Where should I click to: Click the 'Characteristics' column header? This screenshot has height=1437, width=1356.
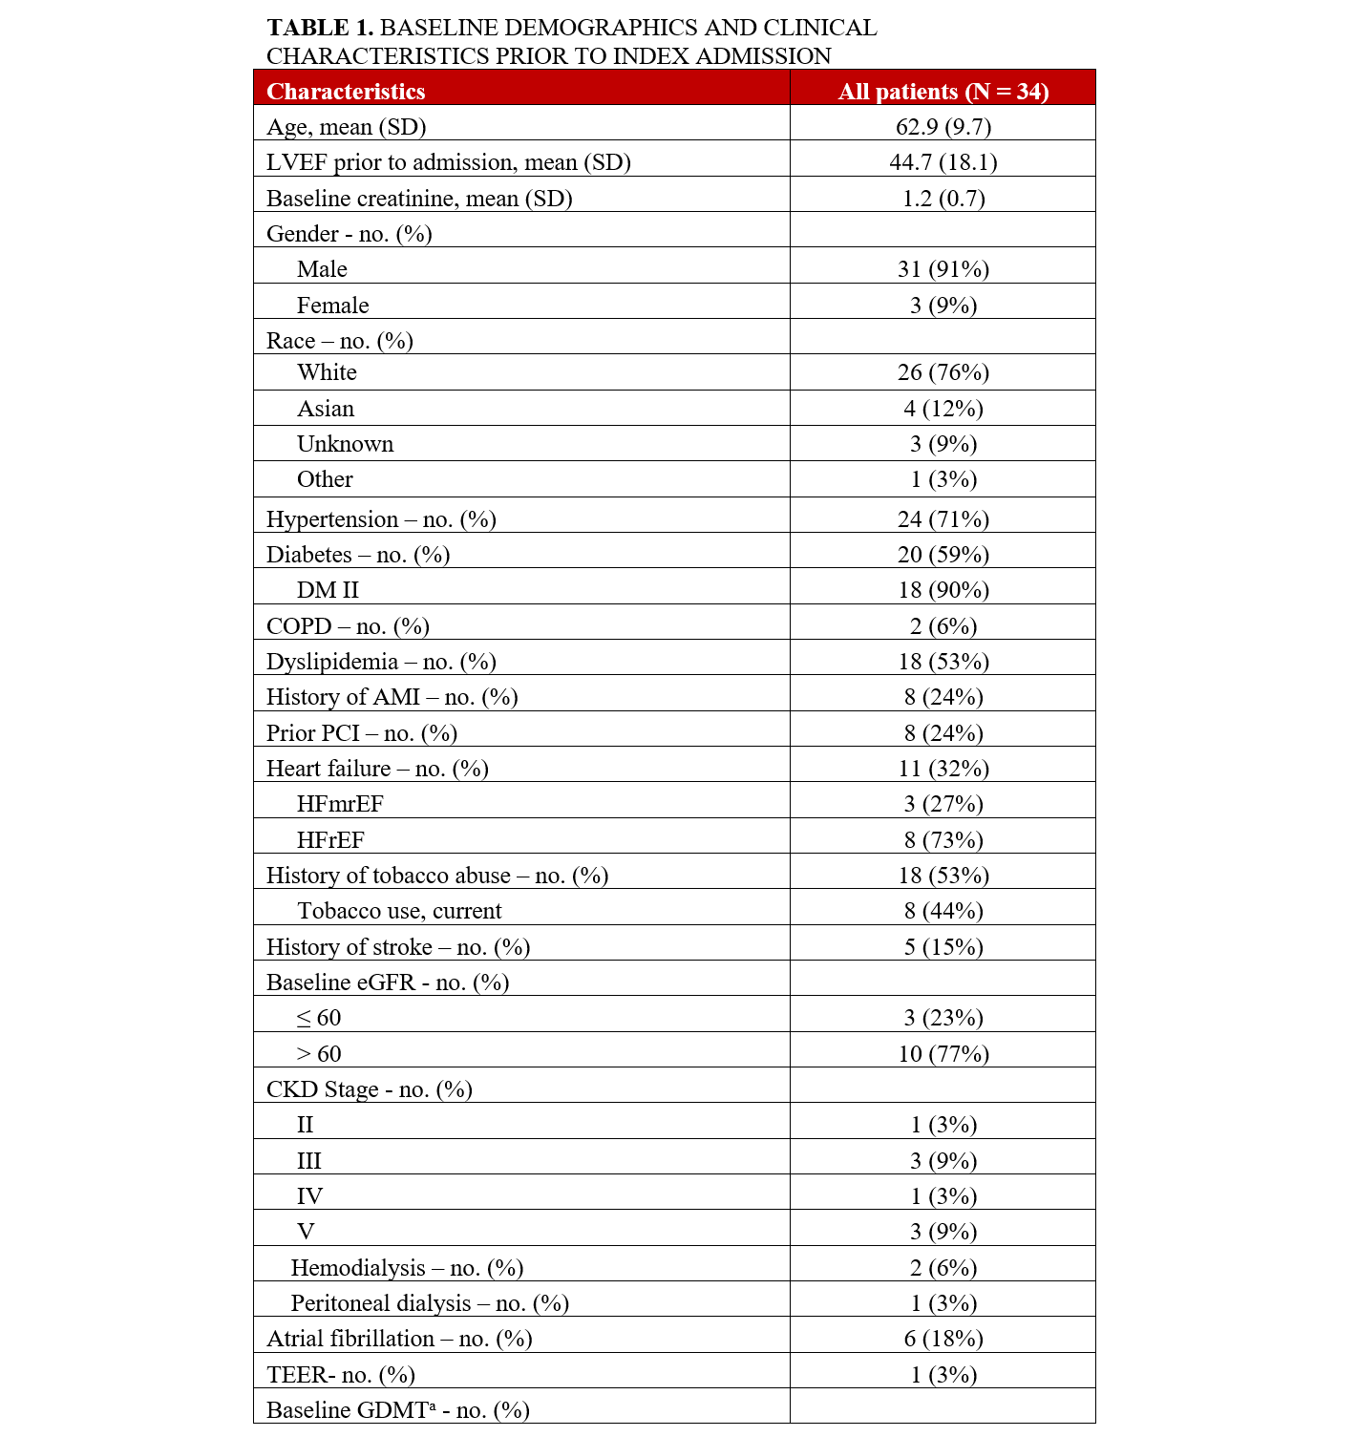coord(346,92)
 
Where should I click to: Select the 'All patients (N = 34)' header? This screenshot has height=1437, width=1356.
coord(943,92)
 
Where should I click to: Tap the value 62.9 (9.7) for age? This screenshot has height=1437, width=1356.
coord(943,127)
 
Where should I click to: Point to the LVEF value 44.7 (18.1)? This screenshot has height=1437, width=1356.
coord(943,162)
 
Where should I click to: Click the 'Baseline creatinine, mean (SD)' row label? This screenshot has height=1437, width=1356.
coord(419,199)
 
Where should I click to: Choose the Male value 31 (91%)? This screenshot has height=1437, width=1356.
coord(943,269)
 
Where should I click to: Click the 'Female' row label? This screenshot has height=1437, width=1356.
coord(332,306)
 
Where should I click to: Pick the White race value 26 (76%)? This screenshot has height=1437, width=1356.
coord(943,372)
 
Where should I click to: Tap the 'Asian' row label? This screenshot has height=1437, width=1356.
coord(326,409)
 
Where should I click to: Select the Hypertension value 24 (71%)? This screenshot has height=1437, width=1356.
coord(943,519)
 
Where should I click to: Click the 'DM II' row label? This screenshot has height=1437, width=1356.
coord(328,590)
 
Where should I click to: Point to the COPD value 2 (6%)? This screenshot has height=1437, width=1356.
coord(943,626)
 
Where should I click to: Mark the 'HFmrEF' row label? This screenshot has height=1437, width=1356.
coord(340,804)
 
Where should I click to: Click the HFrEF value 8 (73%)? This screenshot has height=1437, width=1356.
coord(943,840)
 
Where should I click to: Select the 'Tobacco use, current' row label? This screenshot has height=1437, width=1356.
coord(399,911)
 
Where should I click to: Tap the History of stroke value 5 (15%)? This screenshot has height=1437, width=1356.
coord(943,947)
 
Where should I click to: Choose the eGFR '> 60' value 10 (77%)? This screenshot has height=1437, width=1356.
coord(943,1054)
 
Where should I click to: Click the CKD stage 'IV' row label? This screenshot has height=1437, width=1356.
coord(309,1196)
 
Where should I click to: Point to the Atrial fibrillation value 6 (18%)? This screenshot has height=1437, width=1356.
coord(943,1339)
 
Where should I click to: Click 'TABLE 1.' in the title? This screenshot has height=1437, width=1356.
coord(319,28)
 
